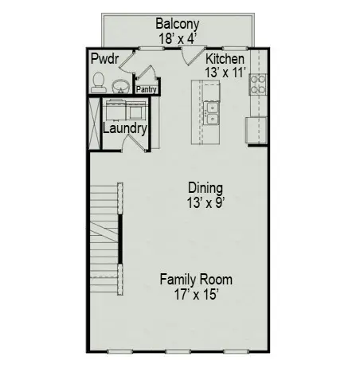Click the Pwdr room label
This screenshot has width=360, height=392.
tap(104, 60)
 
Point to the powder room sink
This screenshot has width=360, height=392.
tap(121, 84)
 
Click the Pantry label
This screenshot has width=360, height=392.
tap(147, 90)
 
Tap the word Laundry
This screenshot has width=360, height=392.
tap(124, 127)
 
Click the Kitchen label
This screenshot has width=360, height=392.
tap(225, 60)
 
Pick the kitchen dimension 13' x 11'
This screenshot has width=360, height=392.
tap(225, 73)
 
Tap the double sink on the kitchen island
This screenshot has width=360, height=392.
tap(212, 113)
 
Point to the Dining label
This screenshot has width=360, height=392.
tap(200, 188)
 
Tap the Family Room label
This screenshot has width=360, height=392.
tap(196, 280)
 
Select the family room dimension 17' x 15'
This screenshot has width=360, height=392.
tap(196, 294)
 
